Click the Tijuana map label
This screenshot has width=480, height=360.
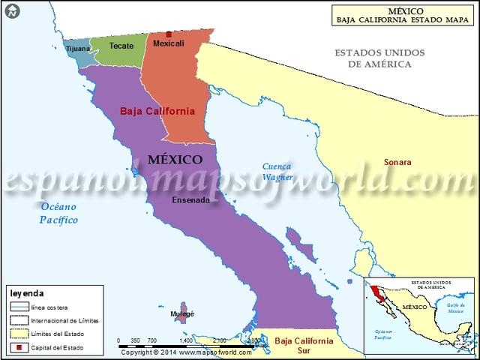tap(78, 49)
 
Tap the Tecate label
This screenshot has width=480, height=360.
tap(121, 46)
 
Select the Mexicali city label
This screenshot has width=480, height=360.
tap(168, 44)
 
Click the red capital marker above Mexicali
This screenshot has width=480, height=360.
tap(169, 34)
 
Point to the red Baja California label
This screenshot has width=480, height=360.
tap(157, 111)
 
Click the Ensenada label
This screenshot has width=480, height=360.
tap(191, 200)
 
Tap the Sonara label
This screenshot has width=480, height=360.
tap(397, 162)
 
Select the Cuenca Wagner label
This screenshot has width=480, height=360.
tap(277, 172)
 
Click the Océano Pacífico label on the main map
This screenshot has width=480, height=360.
tap(59, 214)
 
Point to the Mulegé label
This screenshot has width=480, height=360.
tap(182, 313)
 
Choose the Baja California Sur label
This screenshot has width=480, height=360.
tap(304, 345)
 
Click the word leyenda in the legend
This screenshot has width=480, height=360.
tap(28, 293)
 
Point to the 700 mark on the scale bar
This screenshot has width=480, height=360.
tap(151, 340)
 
